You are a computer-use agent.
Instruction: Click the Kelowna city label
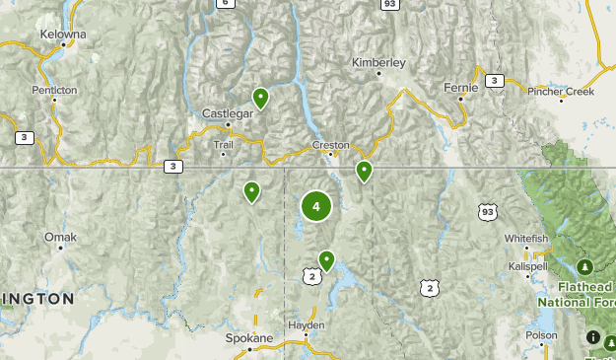coord(63,34)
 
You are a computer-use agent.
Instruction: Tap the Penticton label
coord(53,89)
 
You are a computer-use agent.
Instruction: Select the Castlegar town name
coord(228,112)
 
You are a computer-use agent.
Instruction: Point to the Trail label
coord(225,143)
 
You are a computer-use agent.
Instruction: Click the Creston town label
coord(331,145)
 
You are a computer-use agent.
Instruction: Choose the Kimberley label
coord(378,62)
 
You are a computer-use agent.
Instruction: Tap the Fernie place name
coord(460,87)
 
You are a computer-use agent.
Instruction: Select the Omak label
coord(60,237)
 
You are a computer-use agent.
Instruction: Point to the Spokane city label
coord(248,337)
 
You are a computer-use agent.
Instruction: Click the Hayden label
coord(306,324)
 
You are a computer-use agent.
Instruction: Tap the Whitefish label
coord(525,239)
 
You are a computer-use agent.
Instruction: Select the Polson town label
coord(541,334)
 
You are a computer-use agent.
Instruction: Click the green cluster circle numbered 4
coord(315,206)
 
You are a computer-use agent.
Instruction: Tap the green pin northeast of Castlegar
coord(260,97)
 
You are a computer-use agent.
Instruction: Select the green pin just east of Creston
coord(364,171)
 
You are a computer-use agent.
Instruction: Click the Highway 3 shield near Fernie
coord(494,81)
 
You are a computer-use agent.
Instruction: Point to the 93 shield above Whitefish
coord(486,211)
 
